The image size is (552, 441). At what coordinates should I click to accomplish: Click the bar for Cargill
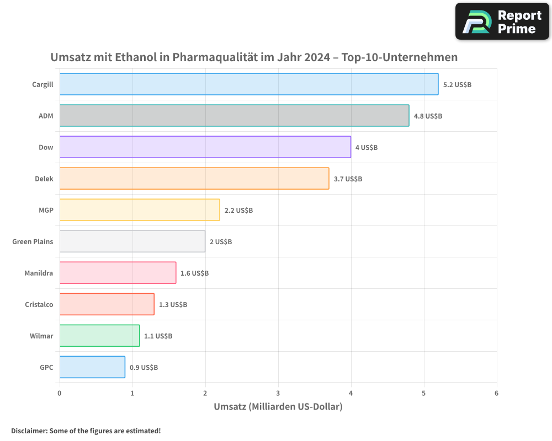tap(248, 84)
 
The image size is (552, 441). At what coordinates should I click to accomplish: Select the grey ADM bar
tap(234, 116)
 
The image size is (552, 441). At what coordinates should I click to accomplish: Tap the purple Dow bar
tap(205, 147)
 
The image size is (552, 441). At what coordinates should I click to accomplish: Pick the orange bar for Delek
tap(194, 179)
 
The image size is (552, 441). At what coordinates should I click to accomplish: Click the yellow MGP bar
tap(139, 210)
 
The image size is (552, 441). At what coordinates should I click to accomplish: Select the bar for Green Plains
tap(132, 241)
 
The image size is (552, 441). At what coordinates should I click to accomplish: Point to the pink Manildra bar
tap(118, 273)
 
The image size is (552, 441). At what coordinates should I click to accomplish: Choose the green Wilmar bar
tap(99, 336)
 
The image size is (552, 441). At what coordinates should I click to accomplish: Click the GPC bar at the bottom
tap(92, 367)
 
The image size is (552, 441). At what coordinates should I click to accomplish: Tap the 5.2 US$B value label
tap(457, 85)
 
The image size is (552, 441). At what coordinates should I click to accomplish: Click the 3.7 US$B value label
tap(348, 179)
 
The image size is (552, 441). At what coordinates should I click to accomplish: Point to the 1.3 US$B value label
tap(173, 305)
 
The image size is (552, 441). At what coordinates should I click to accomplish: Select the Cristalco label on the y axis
tap(39, 304)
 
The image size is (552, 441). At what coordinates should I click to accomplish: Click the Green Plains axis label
tap(33, 241)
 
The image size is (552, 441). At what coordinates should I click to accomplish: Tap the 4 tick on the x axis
tap(351, 393)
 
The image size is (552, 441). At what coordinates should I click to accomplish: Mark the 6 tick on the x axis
tap(496, 393)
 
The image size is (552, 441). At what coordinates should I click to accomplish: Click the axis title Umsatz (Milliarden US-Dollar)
tap(278, 407)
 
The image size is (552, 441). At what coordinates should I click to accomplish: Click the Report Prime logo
tap(502, 21)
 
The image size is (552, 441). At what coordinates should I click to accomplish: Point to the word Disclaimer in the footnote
tap(29, 431)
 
